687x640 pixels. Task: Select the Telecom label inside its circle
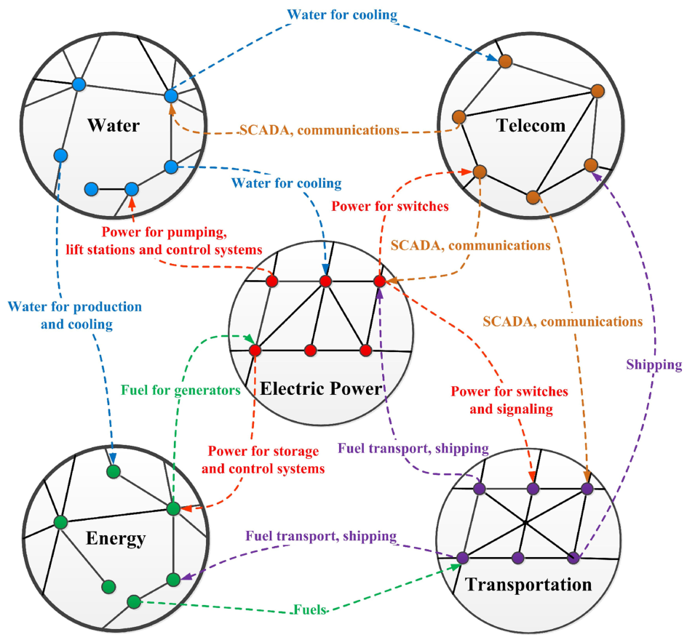(531, 125)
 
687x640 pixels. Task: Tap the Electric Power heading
(321, 388)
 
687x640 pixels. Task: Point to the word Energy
(116, 539)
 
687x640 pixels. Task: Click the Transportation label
(528, 585)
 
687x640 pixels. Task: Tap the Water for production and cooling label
(75, 314)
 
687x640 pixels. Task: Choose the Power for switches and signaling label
(509, 400)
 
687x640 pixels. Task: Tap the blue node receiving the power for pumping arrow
(132, 189)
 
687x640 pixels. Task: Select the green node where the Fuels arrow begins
(134, 601)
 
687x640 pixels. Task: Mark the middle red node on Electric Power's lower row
(311, 351)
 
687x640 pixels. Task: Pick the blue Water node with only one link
(92, 189)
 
